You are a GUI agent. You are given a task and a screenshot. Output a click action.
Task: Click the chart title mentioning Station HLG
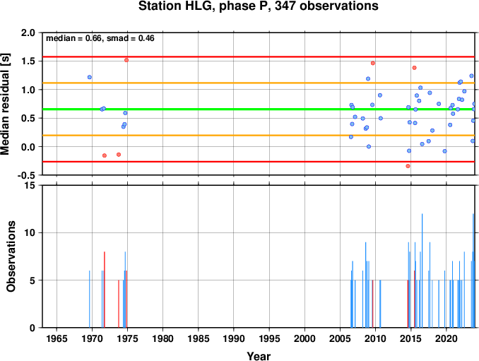(x=258, y=6)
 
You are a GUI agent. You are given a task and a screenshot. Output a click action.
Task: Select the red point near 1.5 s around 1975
(x=126, y=60)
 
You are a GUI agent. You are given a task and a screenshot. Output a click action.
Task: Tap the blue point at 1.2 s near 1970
(x=90, y=77)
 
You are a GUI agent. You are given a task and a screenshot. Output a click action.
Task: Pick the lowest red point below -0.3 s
(x=408, y=166)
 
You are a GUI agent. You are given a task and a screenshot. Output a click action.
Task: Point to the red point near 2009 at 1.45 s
(x=373, y=63)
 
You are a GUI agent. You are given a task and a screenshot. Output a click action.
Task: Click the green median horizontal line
(x=259, y=109)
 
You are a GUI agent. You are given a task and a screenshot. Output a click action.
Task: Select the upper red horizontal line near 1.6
(x=259, y=57)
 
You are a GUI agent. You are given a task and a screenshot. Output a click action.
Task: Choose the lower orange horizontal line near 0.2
(x=259, y=136)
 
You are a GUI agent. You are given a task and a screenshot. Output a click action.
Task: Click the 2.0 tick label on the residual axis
(x=28, y=32)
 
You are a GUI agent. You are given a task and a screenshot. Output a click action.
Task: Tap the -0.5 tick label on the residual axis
(x=26, y=175)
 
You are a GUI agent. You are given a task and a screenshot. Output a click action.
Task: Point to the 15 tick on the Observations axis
(x=30, y=186)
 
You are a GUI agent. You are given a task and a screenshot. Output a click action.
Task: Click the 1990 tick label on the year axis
(x=234, y=338)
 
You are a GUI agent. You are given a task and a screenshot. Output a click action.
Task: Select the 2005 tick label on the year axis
(x=340, y=338)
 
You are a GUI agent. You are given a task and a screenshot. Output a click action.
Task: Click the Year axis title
(x=259, y=356)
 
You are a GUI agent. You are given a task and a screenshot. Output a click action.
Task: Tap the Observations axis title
(x=11, y=256)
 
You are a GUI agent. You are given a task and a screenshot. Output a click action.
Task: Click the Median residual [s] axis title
(x=5, y=104)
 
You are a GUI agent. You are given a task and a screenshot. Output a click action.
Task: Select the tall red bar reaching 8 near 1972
(x=105, y=290)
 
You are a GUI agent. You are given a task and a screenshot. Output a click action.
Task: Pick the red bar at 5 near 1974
(x=119, y=304)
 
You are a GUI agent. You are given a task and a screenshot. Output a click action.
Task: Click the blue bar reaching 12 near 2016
(x=422, y=271)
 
